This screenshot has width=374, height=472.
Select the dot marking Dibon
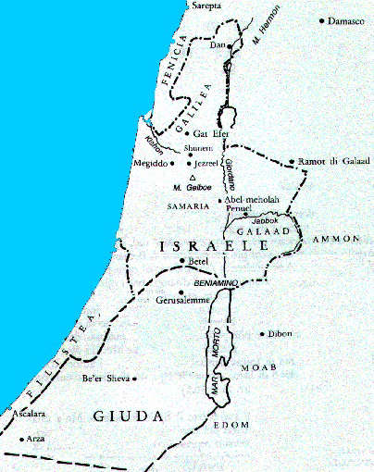pyautogui.click(x=263, y=333)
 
